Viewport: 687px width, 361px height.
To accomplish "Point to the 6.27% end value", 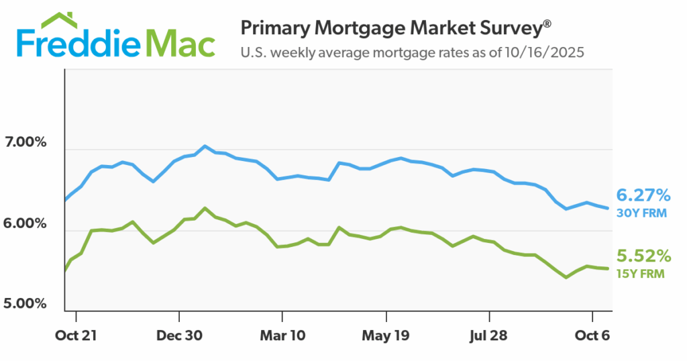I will coord(643,196).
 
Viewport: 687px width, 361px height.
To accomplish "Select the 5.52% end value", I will coord(643,256).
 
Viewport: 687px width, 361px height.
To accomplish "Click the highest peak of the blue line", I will coord(205,146).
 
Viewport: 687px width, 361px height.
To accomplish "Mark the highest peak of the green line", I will coord(205,208).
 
